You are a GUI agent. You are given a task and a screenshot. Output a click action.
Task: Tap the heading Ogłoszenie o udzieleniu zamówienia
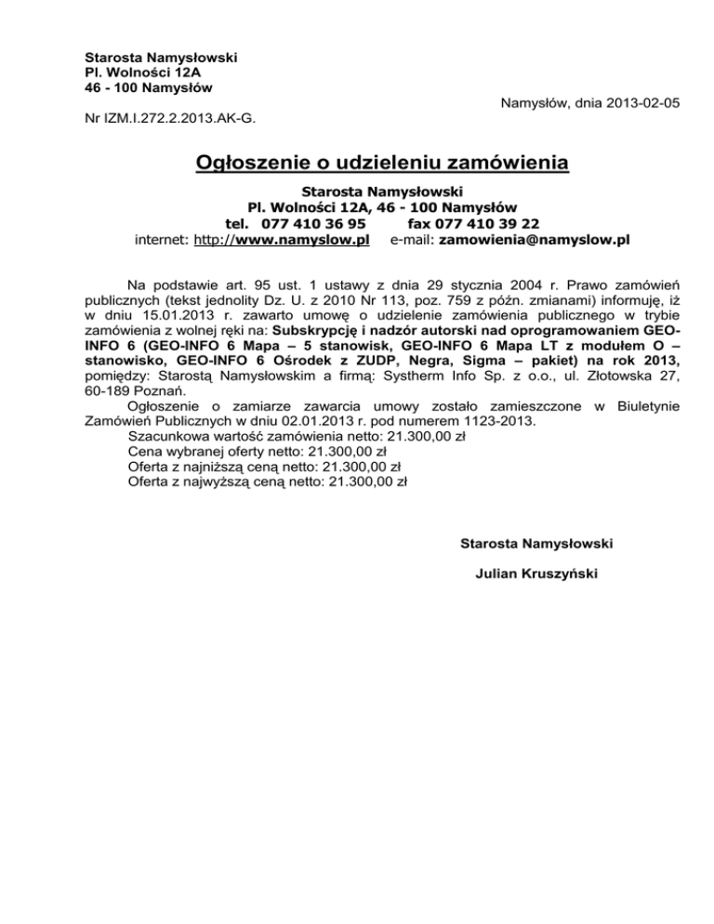[382, 165]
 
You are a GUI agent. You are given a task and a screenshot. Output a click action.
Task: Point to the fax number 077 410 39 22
[487, 223]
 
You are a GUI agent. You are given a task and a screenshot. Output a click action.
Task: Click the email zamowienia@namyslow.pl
[534, 240]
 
